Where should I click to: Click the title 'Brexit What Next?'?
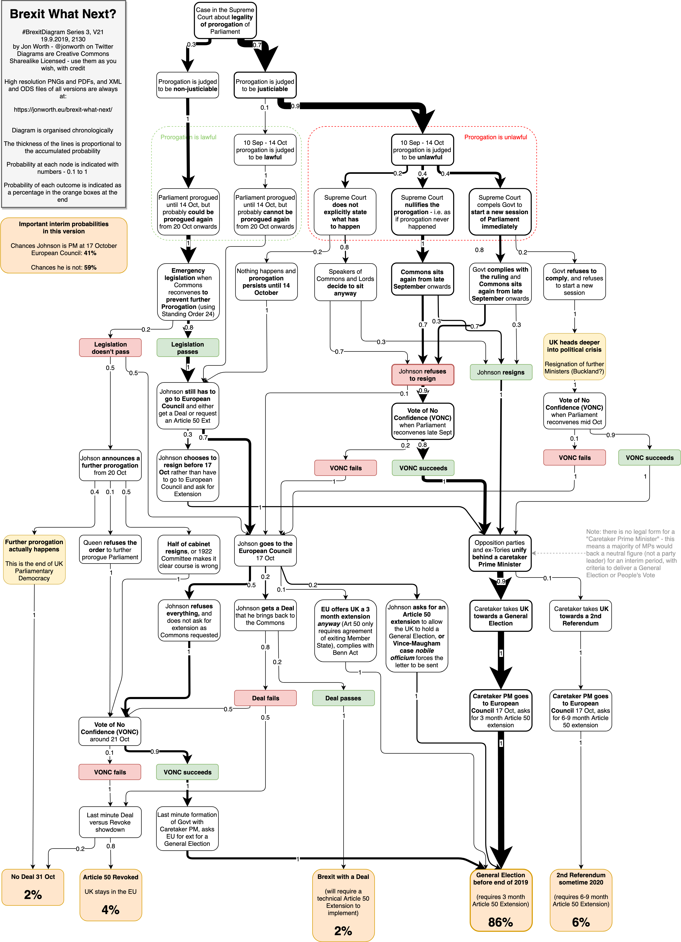[63, 14]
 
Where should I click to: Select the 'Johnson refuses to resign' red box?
[422, 375]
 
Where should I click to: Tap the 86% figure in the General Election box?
[500, 922]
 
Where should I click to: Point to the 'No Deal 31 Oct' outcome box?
[33, 887]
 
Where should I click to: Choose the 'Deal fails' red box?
[265, 698]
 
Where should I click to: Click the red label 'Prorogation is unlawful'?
[495, 137]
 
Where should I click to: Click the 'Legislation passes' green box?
[188, 348]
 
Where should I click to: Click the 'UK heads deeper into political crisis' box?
[574, 356]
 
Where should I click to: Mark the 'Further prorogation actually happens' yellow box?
[34, 559]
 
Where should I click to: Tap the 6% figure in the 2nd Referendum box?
[580, 922]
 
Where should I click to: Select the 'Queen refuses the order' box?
[110, 550]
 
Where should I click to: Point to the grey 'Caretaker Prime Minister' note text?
[630, 553]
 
